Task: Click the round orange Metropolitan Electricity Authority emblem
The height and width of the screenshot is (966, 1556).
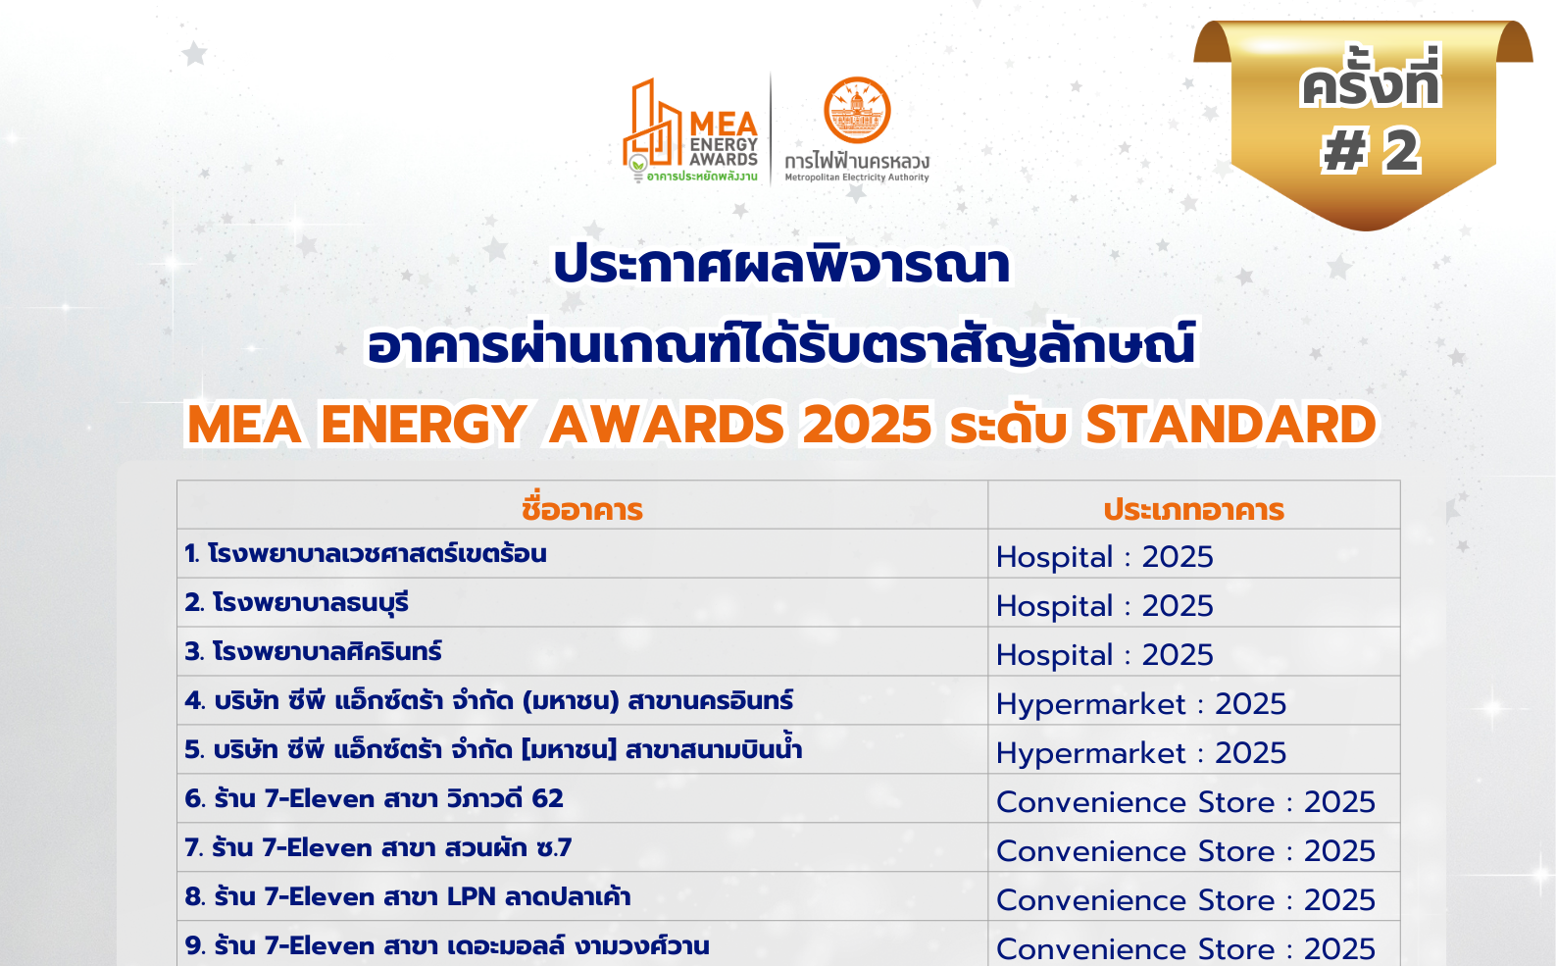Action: [x=857, y=110]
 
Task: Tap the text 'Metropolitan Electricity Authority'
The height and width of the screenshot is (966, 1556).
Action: [x=856, y=178]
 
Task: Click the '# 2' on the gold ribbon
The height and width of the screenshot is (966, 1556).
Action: [x=1371, y=152]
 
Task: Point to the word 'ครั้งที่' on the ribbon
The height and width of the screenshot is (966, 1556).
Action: [x=1370, y=83]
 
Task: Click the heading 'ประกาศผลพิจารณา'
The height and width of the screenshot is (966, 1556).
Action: [x=781, y=266]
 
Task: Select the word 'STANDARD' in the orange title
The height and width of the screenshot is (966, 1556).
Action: [x=1230, y=425]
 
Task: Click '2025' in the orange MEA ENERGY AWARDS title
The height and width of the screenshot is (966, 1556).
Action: [x=867, y=425]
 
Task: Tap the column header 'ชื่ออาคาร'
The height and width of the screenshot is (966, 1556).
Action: [x=581, y=509]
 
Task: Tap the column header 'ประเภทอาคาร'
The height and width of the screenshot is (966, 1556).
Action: [x=1193, y=509]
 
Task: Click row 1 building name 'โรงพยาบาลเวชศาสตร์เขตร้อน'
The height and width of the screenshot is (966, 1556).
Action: [x=376, y=554]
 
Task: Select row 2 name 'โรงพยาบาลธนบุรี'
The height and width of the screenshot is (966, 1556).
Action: [x=310, y=603]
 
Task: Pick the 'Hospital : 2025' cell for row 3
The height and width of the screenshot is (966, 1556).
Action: [x=1104, y=654]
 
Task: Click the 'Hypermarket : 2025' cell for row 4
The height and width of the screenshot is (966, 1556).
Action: [x=1140, y=703]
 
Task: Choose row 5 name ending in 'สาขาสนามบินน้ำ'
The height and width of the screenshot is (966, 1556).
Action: [x=713, y=750]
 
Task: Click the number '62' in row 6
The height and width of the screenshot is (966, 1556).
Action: [x=547, y=798]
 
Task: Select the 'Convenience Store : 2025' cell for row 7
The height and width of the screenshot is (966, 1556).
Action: [x=1185, y=850]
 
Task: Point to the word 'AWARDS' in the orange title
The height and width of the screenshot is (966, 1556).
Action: [x=667, y=425]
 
